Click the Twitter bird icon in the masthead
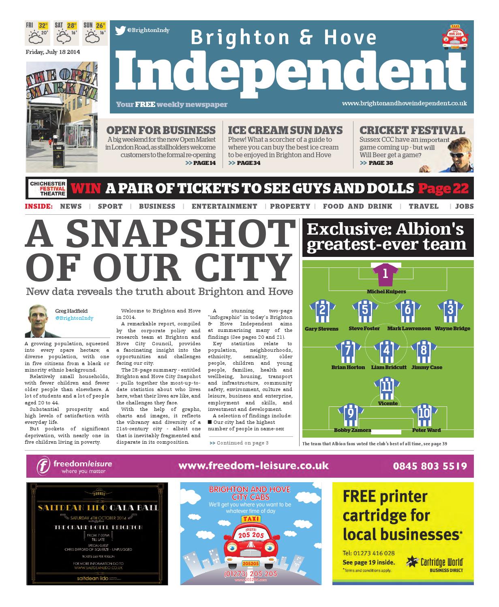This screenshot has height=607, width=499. point(120,30)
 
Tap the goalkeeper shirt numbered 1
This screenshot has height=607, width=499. point(385,274)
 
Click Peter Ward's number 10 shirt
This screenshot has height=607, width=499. point(424,414)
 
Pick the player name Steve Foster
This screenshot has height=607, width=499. point(364,329)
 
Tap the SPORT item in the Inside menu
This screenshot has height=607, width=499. point(110,206)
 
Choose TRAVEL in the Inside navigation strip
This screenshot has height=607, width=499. point(424,206)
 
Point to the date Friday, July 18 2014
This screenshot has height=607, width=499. point(53,52)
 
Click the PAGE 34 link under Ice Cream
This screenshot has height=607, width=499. point(245,163)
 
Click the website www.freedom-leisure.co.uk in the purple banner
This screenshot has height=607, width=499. point(253,466)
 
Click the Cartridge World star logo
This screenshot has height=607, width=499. point(413,562)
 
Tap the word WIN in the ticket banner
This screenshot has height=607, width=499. point(86,188)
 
